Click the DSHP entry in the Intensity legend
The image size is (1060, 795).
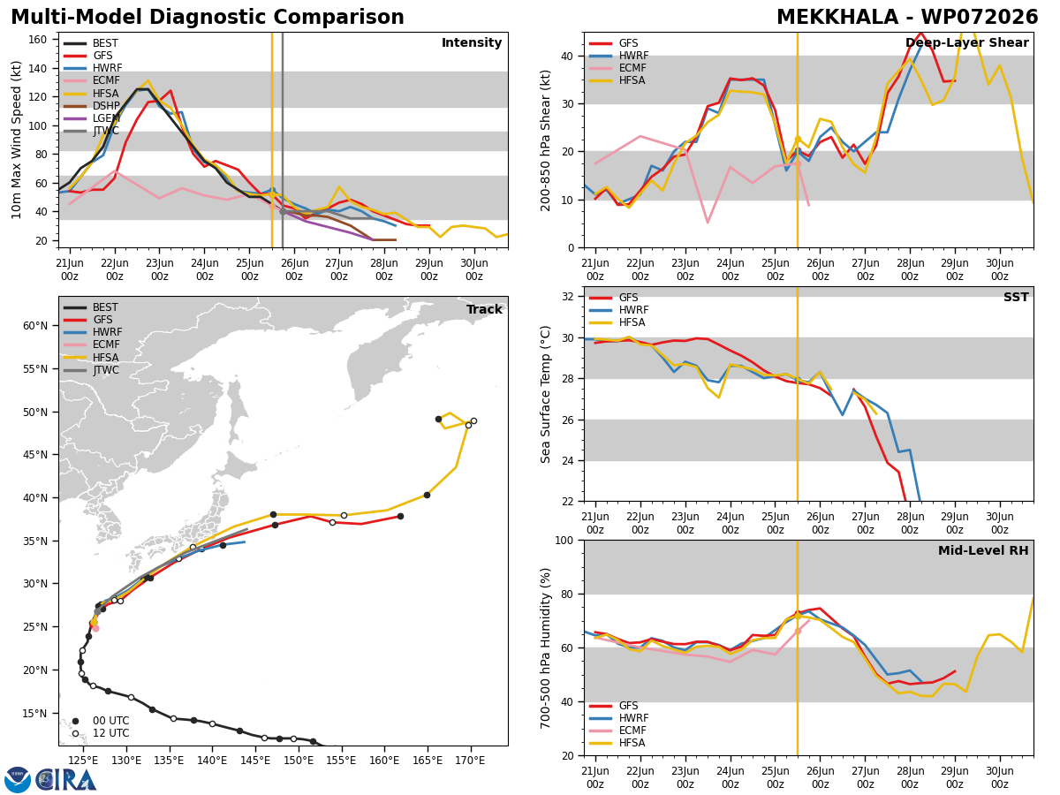[x=92, y=106]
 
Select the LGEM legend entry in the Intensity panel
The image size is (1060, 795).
[x=92, y=118]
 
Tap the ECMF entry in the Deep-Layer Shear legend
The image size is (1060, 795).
[x=617, y=68]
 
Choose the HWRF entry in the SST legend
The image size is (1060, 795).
[x=618, y=310]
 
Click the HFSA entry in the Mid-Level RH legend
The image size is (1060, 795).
[x=617, y=743]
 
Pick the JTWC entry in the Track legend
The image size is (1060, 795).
[x=91, y=370]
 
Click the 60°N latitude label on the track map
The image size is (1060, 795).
[x=35, y=326]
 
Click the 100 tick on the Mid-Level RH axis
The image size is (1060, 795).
[x=564, y=540]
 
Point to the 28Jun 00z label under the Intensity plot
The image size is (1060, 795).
[x=384, y=269]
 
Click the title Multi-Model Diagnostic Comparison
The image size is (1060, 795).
[x=208, y=18]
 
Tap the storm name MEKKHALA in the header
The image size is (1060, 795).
[x=837, y=18]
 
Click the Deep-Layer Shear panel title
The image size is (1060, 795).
[x=966, y=42]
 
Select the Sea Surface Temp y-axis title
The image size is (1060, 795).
[x=545, y=394]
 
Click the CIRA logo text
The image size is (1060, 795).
[x=65, y=780]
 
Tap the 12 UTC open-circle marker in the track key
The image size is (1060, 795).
[x=75, y=733]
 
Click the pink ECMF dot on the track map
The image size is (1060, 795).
[x=95, y=628]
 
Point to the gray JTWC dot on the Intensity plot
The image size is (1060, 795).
[x=283, y=211]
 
